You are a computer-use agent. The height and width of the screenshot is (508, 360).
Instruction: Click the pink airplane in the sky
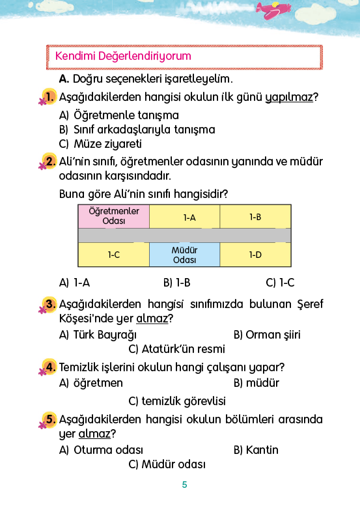[x=273, y=10]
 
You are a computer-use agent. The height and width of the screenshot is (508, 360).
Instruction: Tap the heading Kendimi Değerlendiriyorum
[x=123, y=56]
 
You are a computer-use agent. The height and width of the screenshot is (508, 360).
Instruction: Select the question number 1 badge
[x=49, y=97]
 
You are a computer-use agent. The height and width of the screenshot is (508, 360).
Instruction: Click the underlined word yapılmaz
[x=289, y=98]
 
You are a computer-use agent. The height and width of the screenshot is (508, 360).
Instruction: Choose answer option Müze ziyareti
[x=100, y=144]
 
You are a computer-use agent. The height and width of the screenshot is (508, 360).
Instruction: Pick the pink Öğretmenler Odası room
[x=114, y=216]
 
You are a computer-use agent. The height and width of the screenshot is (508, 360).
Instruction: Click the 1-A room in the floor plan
[x=184, y=216]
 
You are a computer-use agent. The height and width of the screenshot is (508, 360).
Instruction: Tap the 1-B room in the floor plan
[x=255, y=216]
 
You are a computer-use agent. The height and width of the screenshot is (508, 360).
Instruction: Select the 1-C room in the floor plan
[x=114, y=255]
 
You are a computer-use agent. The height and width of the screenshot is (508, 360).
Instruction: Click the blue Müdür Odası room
[x=184, y=255]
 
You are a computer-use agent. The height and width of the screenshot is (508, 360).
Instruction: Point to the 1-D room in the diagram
[x=255, y=255]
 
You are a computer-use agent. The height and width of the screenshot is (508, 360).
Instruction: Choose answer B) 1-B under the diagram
[x=177, y=283]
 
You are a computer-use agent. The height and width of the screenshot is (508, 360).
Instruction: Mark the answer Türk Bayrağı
[x=98, y=335]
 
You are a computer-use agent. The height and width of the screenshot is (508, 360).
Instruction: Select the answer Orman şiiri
[x=267, y=335]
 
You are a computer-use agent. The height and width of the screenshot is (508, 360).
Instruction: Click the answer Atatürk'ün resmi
[x=177, y=349]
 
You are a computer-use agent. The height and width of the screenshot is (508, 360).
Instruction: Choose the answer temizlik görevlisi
[x=177, y=401]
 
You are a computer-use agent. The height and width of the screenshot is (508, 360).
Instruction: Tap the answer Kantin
[x=256, y=450]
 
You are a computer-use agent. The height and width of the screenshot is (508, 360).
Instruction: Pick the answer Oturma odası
[x=101, y=450]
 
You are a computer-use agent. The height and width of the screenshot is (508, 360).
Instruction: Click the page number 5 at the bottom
[x=184, y=485]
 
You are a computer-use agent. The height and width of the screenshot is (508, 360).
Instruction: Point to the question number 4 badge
[x=49, y=367]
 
